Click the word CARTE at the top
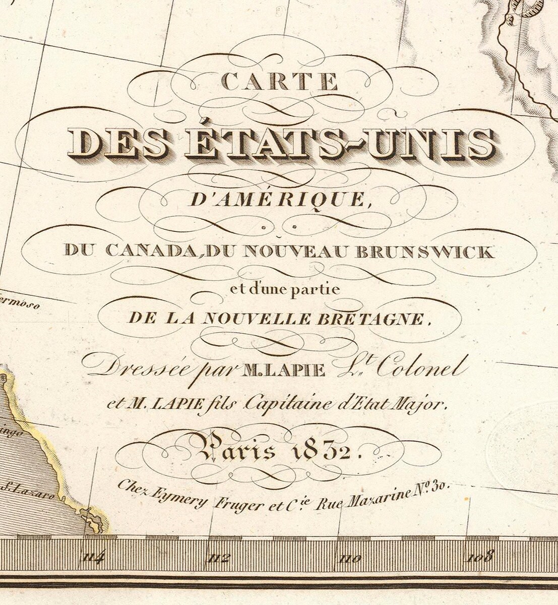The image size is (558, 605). coord(280,82)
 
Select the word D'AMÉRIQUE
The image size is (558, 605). coord(277,200)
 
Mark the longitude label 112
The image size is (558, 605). coord(220,558)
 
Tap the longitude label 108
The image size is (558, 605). coord(480,558)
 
